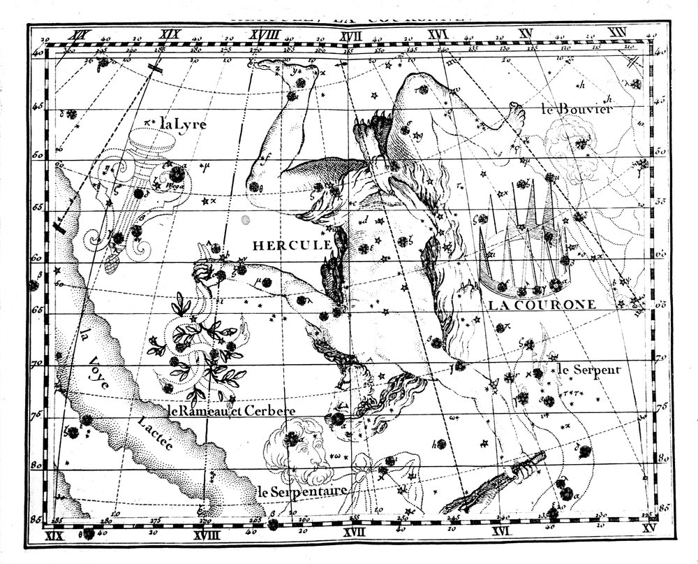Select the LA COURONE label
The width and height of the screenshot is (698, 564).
[541, 305]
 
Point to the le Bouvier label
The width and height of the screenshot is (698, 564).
[577, 109]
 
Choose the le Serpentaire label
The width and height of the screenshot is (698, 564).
[302, 491]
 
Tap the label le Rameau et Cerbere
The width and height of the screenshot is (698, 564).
[230, 410]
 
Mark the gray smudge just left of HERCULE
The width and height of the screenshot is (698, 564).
[244, 220]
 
